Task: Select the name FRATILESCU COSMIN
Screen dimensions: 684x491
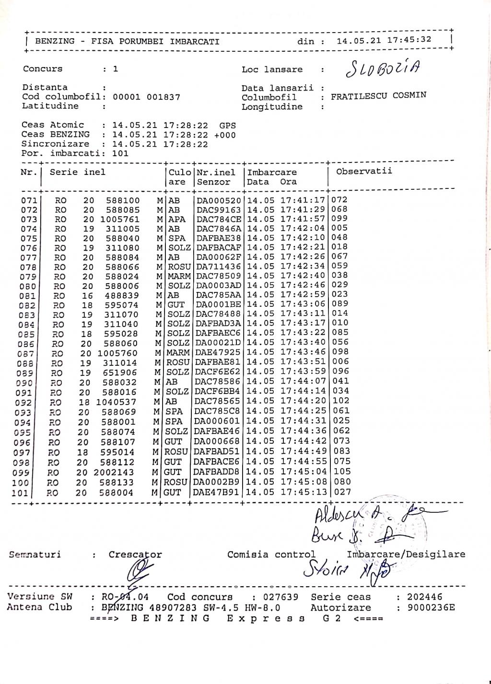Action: tap(378, 95)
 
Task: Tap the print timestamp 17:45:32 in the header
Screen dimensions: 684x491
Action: tap(409, 40)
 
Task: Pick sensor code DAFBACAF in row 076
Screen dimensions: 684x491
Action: tap(218, 248)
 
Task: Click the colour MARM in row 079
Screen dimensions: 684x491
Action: tap(179, 277)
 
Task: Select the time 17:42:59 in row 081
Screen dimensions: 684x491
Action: tap(303, 295)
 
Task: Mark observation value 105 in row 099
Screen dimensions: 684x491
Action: tap(342, 472)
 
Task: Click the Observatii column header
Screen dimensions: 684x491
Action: tap(364, 171)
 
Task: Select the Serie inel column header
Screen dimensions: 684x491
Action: tap(77, 172)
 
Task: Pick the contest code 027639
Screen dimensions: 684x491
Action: tap(281, 597)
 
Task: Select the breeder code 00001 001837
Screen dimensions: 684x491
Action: tap(146, 97)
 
